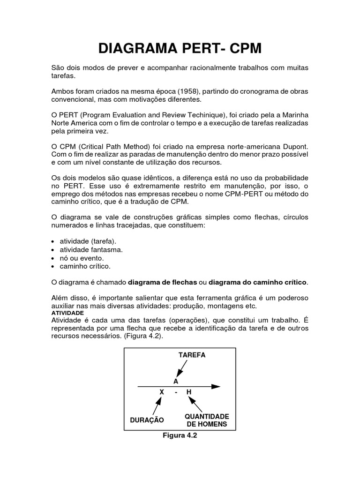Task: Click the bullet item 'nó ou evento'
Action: click(79, 258)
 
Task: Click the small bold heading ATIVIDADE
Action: click(67, 312)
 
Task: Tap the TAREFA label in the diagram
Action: click(192, 355)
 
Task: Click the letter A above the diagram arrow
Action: click(176, 382)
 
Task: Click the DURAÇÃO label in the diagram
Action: click(147, 420)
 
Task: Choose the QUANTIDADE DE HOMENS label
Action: click(207, 420)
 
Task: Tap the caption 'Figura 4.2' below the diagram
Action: click(180, 435)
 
